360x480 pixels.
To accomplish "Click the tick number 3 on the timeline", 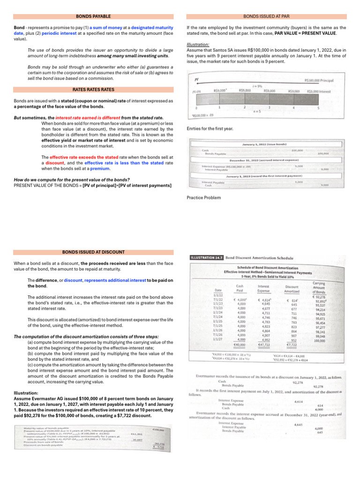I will (269, 107).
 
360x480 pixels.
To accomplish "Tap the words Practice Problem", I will (203, 197).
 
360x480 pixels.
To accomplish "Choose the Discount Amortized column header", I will (292, 289).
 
